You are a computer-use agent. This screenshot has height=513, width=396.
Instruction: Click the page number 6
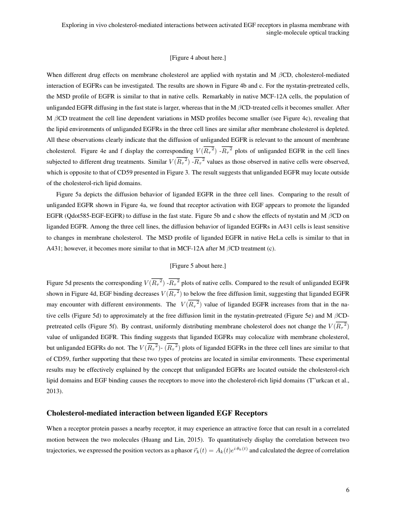[x=348, y=490]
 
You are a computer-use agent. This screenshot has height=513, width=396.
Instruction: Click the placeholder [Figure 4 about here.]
[x=198, y=58]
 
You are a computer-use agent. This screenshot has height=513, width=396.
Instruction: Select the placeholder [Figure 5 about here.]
[x=198, y=266]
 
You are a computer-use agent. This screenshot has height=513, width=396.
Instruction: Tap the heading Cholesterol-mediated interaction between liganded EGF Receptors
[x=157, y=413]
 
